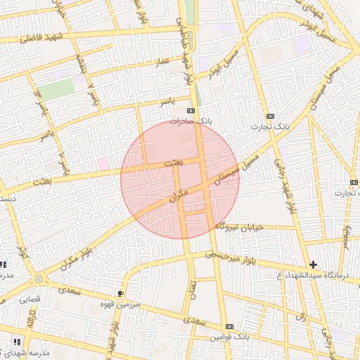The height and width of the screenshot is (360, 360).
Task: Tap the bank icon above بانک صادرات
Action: [190, 112]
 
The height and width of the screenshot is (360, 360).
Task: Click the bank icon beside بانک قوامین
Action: [230, 327]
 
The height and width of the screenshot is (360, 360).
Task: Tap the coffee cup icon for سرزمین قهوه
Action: [121, 292]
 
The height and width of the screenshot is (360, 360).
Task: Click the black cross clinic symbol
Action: [313, 264]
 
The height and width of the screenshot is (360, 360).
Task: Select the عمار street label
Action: [164, 63]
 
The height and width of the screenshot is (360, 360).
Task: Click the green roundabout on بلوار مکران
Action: [38, 280]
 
